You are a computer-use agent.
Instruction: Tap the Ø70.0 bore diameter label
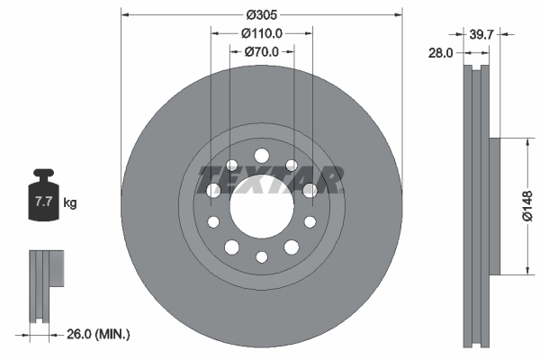[262, 51]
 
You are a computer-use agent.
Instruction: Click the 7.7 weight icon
[42, 201]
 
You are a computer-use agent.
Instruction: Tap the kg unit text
[70, 203]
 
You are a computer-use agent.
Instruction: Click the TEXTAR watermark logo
[268, 179]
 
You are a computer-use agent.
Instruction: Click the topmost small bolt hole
[262, 155]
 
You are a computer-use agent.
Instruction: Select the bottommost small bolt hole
[262, 256]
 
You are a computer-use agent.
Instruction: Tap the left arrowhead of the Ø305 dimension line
[125, 13]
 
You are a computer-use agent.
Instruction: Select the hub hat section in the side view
[493, 205]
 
